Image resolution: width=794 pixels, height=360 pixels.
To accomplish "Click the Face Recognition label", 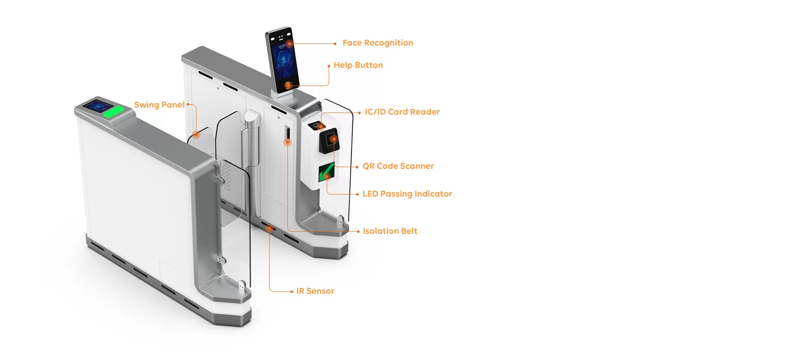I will coord(378,43).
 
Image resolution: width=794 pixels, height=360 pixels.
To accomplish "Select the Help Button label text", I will coord(358,65).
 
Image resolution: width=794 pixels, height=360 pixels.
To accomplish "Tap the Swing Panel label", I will coord(159,105).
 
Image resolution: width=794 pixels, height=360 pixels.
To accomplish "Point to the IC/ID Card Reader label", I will coord(402,112).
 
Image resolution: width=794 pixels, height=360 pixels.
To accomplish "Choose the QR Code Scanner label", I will coord(398,166).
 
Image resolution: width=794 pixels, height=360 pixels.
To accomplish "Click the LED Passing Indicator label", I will coord(407,194).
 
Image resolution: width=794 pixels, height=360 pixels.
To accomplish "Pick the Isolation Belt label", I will coord(390,231).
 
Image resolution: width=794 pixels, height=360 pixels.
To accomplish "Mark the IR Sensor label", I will coord(315,291).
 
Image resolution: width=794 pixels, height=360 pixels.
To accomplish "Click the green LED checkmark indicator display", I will coord(326,172).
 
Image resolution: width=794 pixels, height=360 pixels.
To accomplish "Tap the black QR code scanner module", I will coord(330,140).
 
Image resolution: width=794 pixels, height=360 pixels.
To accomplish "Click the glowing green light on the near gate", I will coord(113,112).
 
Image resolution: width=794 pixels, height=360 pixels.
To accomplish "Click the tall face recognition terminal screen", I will coord(283,60).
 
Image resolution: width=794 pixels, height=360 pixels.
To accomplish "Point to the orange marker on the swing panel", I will coord(196,134).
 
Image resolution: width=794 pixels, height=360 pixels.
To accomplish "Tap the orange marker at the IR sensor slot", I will coord(269,228).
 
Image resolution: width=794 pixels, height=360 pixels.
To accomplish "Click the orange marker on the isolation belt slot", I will coord(287,142).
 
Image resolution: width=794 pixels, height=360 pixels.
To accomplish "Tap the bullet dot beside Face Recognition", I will coord(335,44).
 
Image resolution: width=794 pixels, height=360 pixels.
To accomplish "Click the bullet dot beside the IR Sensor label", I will coord(292,292).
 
